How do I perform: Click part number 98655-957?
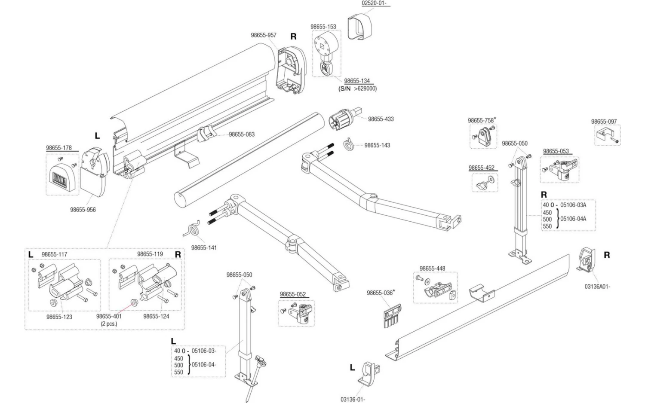coord(264,35)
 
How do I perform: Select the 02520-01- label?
coord(374,3)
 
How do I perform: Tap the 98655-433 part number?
coord(381,119)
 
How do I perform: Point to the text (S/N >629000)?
coord(357,89)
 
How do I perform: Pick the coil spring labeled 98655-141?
coord(192,229)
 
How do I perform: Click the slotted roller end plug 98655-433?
coord(345,118)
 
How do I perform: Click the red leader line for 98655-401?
coord(124,308)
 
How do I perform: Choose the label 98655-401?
coord(109,316)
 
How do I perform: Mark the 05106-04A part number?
coord(573,219)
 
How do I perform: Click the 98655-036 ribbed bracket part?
coord(392,316)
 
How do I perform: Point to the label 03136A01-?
coord(597,287)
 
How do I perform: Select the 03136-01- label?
coord(353,400)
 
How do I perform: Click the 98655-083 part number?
coord(242,134)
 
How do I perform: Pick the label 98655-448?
coord(432,269)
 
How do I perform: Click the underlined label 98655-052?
coord(293,294)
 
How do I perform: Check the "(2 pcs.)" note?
coord(109,324)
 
